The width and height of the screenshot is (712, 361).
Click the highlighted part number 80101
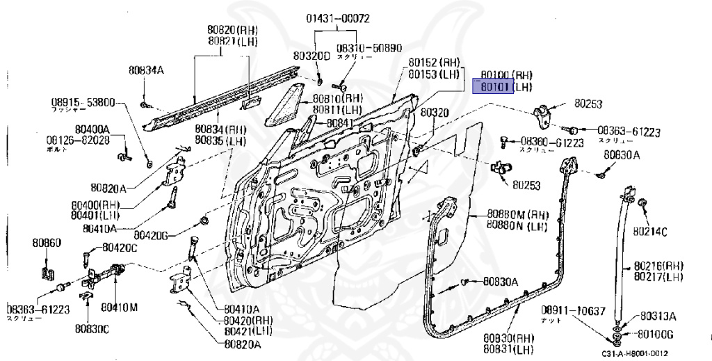pos(493,87)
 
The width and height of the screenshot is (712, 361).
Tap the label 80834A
pos(145,70)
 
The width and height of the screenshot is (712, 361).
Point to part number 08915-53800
pos(83,102)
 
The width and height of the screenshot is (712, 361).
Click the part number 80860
pos(46,243)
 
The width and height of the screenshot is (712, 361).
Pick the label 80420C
pos(120,247)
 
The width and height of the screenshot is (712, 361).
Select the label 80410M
pos(119,306)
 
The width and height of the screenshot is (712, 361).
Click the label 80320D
pos(311,55)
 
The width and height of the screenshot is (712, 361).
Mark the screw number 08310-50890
pos(369,48)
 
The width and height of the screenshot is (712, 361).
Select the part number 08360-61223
pos(552,143)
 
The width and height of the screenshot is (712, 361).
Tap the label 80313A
pos(658,315)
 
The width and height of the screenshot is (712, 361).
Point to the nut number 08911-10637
pos(574,310)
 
